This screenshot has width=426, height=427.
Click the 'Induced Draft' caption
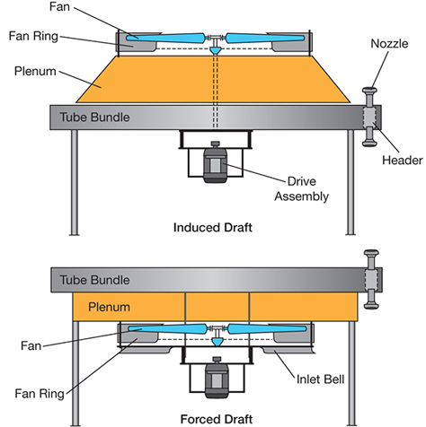pyautogui.click(x=213, y=228)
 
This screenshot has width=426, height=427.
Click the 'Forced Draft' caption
pyautogui.click(x=217, y=419)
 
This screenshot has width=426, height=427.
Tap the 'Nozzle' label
pyautogui.click(x=389, y=44)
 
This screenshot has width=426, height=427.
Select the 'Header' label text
pyautogui.click(x=402, y=161)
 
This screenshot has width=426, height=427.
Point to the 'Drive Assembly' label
pyautogui.click(x=301, y=188)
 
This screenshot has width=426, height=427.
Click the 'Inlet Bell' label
pyautogui.click(x=320, y=379)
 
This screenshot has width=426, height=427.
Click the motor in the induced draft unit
pyautogui.click(x=215, y=161)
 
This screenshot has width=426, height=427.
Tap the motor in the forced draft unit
pyautogui.click(x=217, y=378)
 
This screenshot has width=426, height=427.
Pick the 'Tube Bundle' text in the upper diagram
pyautogui.click(x=94, y=117)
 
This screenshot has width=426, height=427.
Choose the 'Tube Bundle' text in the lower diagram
pyautogui.click(x=94, y=280)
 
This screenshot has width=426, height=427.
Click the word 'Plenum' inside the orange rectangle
pyautogui.click(x=109, y=307)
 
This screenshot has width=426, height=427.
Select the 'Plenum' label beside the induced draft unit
pyautogui.click(x=35, y=71)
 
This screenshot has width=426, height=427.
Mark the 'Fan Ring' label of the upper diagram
pyautogui.click(x=33, y=36)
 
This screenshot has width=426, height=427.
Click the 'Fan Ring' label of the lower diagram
pyautogui.click(x=40, y=394)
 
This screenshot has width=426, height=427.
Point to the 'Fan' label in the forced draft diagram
pyautogui.click(x=31, y=346)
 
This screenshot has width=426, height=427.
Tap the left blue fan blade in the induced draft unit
pyautogui.click(x=165, y=39)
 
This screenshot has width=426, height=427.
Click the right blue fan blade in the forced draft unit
pyautogui.click(x=267, y=329)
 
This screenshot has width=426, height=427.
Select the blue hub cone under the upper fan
pyautogui.click(x=215, y=50)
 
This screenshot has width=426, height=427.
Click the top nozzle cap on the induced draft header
pyautogui.click(x=369, y=91)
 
